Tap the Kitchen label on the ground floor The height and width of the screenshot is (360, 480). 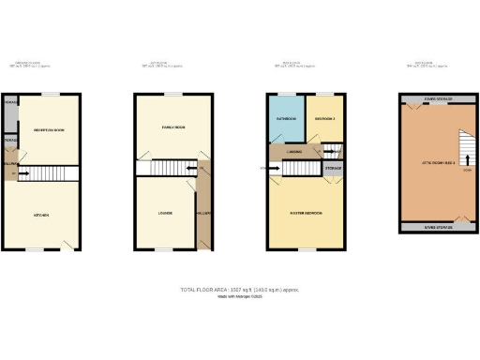click(x=41, y=216)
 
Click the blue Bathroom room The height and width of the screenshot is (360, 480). click(x=286, y=119)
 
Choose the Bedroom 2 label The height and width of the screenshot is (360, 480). click(x=324, y=119)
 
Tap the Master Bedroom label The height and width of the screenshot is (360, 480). click(x=306, y=214)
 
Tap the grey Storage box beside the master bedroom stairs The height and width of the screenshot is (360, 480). click(x=333, y=169)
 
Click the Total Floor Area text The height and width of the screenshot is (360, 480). click(x=240, y=290)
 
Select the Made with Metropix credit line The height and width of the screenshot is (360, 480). click(x=240, y=297)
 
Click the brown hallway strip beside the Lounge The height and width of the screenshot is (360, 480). click(x=203, y=211)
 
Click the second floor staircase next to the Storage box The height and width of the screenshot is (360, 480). click(x=300, y=169)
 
